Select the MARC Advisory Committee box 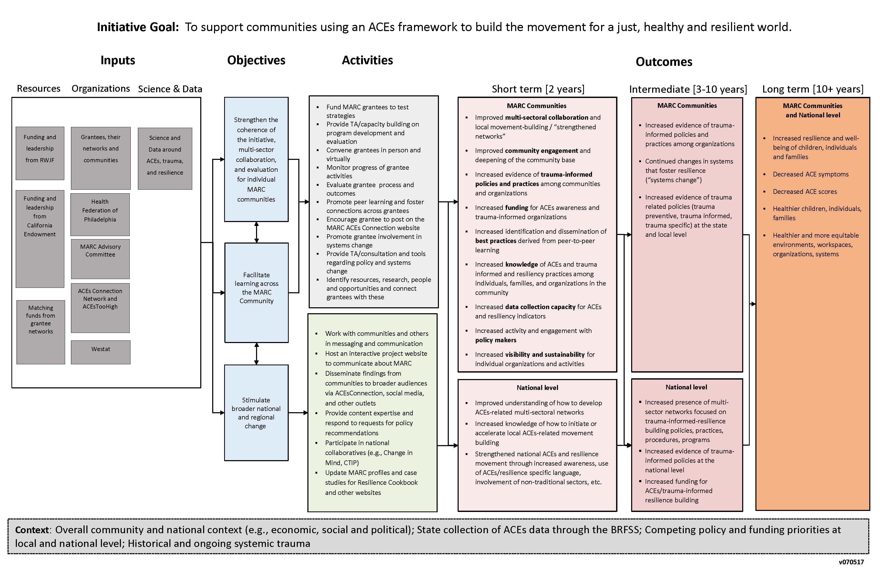point(100,259)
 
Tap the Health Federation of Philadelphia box point(100,214)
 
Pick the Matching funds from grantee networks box point(41,332)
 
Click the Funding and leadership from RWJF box point(40,153)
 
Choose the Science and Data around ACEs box point(165,158)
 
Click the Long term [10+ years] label point(812,89)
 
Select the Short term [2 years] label point(538,89)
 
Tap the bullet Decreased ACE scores point(804,191)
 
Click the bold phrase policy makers point(495,340)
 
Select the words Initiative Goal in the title point(138,27)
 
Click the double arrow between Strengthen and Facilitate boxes point(257,232)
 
